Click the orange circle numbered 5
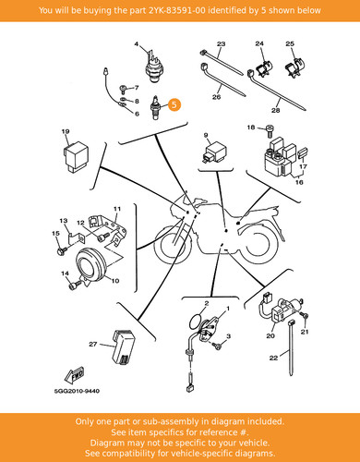pyautogui.click(x=174, y=104)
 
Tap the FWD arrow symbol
pyautogui.click(x=74, y=374)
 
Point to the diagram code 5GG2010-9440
pyautogui.click(x=77, y=391)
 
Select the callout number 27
pyautogui.click(x=93, y=344)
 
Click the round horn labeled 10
pyautogui.click(x=91, y=265)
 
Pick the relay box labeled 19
pyautogui.click(x=76, y=157)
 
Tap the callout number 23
pyautogui.click(x=221, y=44)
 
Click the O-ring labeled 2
pyautogui.click(x=196, y=321)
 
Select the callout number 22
pyautogui.click(x=273, y=358)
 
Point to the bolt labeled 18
pyautogui.click(x=270, y=131)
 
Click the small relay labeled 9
pyautogui.click(x=215, y=152)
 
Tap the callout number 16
pyautogui.click(x=299, y=182)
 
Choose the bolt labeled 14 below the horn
pyautogui.click(x=75, y=286)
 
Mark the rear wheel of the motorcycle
pyautogui.click(x=261, y=243)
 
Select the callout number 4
pyautogui.click(x=137, y=44)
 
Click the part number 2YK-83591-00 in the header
pyautogui.click(x=177, y=10)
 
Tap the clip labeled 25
pyautogui.click(x=294, y=67)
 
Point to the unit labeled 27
pyautogui.click(x=123, y=346)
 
